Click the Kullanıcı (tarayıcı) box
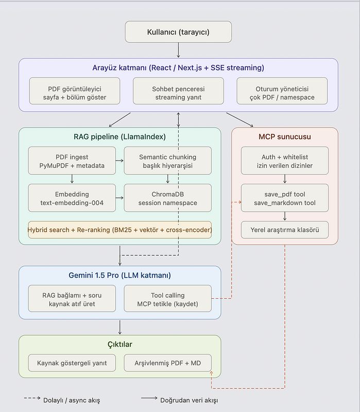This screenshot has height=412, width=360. pyautogui.click(x=178, y=32)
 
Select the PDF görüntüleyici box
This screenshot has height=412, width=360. pyautogui.click(x=75, y=91)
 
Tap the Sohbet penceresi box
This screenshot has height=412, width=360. pyautogui.click(x=178, y=91)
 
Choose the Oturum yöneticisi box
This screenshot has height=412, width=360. pyautogui.click(x=282, y=91)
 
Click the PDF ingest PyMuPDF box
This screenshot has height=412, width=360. pyautogui.click(x=72, y=161)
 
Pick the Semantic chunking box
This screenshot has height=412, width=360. pyautogui.click(x=168, y=161)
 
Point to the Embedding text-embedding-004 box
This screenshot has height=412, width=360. pyautogui.click(x=72, y=198)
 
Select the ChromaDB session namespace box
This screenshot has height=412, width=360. pyautogui.click(x=168, y=198)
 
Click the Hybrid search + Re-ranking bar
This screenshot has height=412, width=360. pyautogui.click(x=120, y=230)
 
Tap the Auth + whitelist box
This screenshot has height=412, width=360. pyautogui.click(x=285, y=161)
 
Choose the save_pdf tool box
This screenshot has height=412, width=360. pyautogui.click(x=285, y=198)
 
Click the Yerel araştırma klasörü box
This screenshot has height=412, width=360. pyautogui.click(x=285, y=230)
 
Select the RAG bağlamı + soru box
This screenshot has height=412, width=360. pyautogui.click(x=72, y=299)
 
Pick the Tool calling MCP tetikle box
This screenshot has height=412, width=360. pyautogui.click(x=168, y=299)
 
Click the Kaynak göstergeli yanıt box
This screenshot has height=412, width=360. pyautogui.click(x=72, y=363)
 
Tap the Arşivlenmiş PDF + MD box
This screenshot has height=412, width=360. pyautogui.click(x=168, y=363)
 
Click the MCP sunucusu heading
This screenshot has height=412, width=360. pyautogui.click(x=285, y=136)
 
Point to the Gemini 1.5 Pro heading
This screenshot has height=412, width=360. pyautogui.click(x=120, y=275)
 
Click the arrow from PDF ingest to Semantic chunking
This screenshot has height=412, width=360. pyautogui.click(x=119, y=161)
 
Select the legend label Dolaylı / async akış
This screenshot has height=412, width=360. pyautogui.click(x=72, y=400)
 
